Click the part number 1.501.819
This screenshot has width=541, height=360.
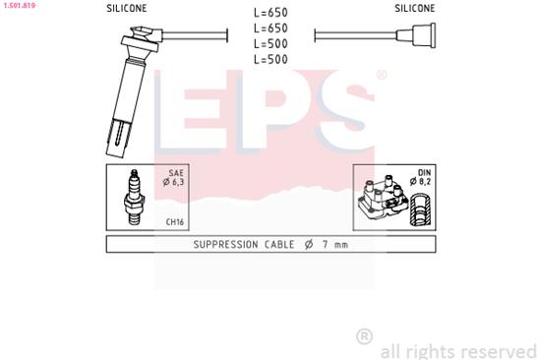tap(21, 4)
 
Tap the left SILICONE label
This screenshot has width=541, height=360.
tap(127, 8)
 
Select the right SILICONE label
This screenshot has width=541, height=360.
tap(415, 8)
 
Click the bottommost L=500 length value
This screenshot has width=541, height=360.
tap(270, 60)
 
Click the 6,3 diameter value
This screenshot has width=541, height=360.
tap(177, 181)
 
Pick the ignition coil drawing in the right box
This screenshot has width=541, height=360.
tap(382, 199)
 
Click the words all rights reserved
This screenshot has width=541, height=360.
tap(458, 350)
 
